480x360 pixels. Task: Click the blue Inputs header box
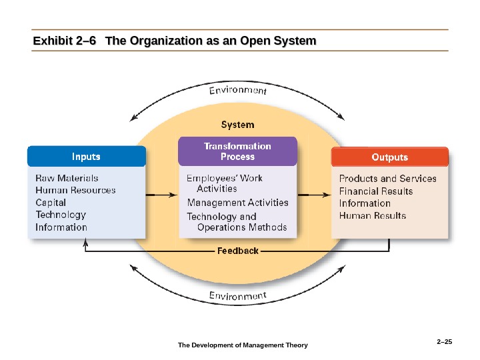[x=86, y=157]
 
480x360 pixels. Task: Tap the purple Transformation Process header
[x=237, y=151]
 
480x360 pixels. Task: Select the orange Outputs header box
[x=389, y=157]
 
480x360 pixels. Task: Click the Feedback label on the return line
[x=238, y=251]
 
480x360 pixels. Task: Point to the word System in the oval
[x=237, y=125]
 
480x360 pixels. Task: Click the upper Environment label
[x=237, y=89]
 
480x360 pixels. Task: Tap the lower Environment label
[x=238, y=295]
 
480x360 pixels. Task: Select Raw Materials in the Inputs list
[x=67, y=178]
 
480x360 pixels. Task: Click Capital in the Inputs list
[x=51, y=203]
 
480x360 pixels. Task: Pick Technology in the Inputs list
[x=61, y=215]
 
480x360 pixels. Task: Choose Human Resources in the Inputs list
[x=75, y=190]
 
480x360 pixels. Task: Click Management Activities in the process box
[x=238, y=203]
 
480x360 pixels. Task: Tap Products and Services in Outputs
[x=388, y=179]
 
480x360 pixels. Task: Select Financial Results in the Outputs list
[x=376, y=191]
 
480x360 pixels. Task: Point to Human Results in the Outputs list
[x=373, y=216]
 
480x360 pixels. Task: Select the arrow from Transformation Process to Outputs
[x=313, y=195]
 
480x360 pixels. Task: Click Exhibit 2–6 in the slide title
[x=64, y=42]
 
